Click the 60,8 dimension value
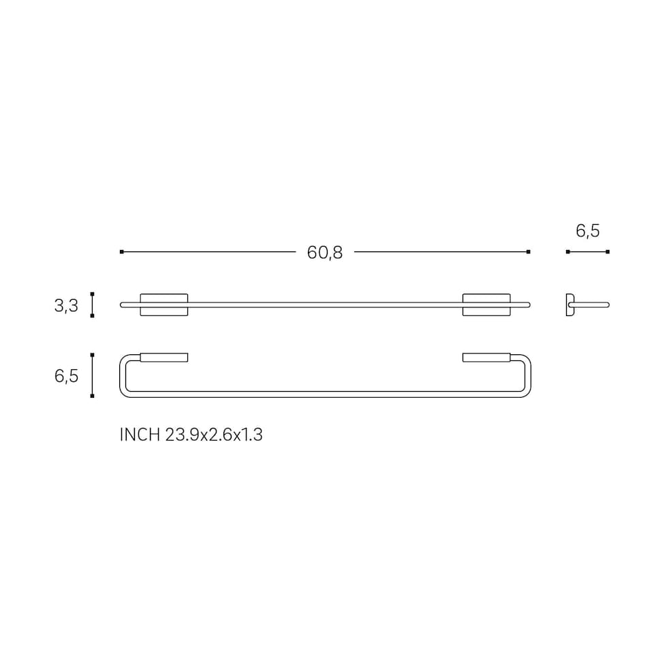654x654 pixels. pyautogui.click(x=324, y=253)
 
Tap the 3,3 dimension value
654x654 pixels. pyautogui.click(x=66, y=306)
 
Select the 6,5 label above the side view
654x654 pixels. pyautogui.click(x=588, y=231)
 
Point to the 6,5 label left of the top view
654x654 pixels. pyautogui.click(x=66, y=376)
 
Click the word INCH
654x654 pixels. pyautogui.click(x=140, y=435)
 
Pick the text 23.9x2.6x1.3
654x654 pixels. pyautogui.click(x=214, y=435)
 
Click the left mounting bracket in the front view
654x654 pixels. pyautogui.click(x=164, y=305)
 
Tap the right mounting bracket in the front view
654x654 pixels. pyautogui.click(x=486, y=305)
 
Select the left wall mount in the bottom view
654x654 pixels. pyautogui.click(x=164, y=358)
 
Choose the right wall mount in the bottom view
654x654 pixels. pyautogui.click(x=486, y=358)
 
